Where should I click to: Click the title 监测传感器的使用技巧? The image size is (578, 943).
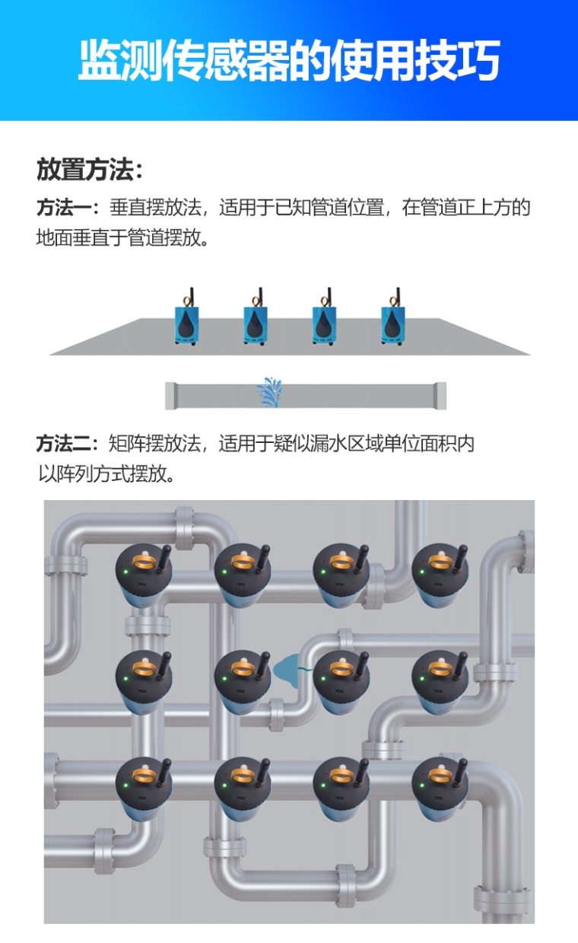pos(289,61)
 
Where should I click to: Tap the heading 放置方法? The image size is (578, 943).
pos(88,170)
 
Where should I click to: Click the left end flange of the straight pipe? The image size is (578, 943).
pos(171,396)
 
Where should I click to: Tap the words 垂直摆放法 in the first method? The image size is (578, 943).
pos(156,208)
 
